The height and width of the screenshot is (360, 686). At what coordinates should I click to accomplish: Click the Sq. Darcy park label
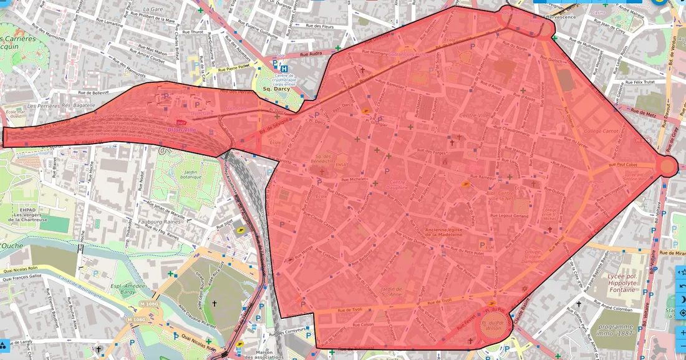(x=275, y=89)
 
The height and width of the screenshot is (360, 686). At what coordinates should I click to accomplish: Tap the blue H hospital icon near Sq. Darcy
(x=284, y=69)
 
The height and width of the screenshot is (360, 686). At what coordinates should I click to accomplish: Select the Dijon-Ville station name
(x=181, y=130)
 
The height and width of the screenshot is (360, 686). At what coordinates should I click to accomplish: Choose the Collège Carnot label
(x=601, y=131)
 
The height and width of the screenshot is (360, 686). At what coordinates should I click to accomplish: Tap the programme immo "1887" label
(x=616, y=330)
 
